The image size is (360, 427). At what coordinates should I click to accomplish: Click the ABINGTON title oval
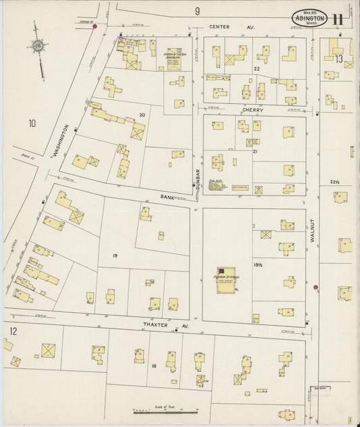[310, 18]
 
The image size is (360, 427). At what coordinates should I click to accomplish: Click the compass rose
[38, 47]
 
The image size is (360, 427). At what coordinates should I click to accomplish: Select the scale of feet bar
[164, 410]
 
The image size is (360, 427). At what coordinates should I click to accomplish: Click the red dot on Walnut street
[315, 288]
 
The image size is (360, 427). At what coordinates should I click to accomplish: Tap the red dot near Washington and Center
[95, 26]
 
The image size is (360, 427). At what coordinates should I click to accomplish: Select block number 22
[257, 69]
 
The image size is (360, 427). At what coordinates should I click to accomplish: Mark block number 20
[142, 115]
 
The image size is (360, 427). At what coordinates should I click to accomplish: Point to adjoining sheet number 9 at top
[198, 11]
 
